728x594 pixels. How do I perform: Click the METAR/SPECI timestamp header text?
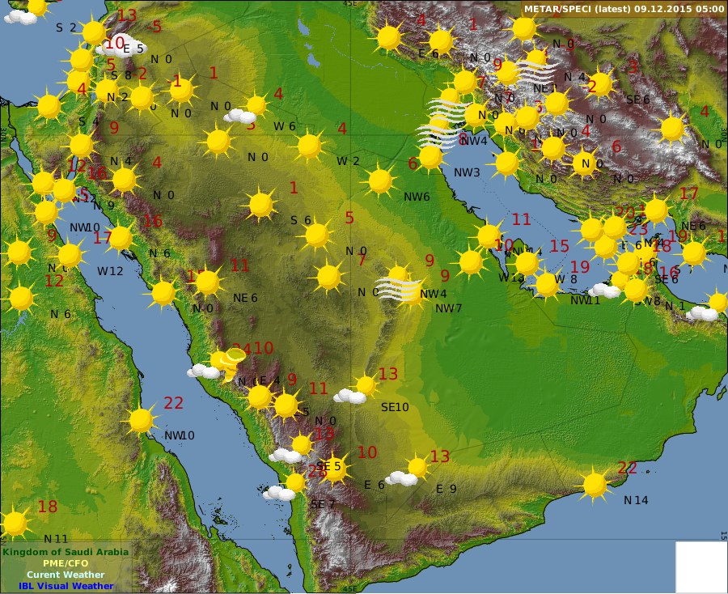[624, 9]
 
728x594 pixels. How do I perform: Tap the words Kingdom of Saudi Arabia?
[65, 552]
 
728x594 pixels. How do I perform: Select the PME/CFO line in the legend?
[66, 563]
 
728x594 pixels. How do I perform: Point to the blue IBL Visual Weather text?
[66, 586]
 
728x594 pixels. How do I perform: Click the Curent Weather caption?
[66, 575]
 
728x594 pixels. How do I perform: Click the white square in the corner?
[700, 566]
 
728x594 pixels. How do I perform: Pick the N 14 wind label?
[636, 500]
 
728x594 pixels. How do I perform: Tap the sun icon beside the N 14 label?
[595, 485]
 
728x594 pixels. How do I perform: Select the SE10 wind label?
[395, 407]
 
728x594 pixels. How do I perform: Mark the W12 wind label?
[110, 270]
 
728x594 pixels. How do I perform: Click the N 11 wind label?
[56, 538]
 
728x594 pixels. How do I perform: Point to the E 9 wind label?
[447, 489]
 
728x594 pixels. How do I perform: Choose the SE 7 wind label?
[323, 504]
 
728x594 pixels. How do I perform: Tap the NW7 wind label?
[448, 308]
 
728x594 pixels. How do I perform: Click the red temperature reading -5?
[155, 27]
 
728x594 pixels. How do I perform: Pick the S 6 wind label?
[301, 220]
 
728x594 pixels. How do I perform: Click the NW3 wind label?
[466, 172]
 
